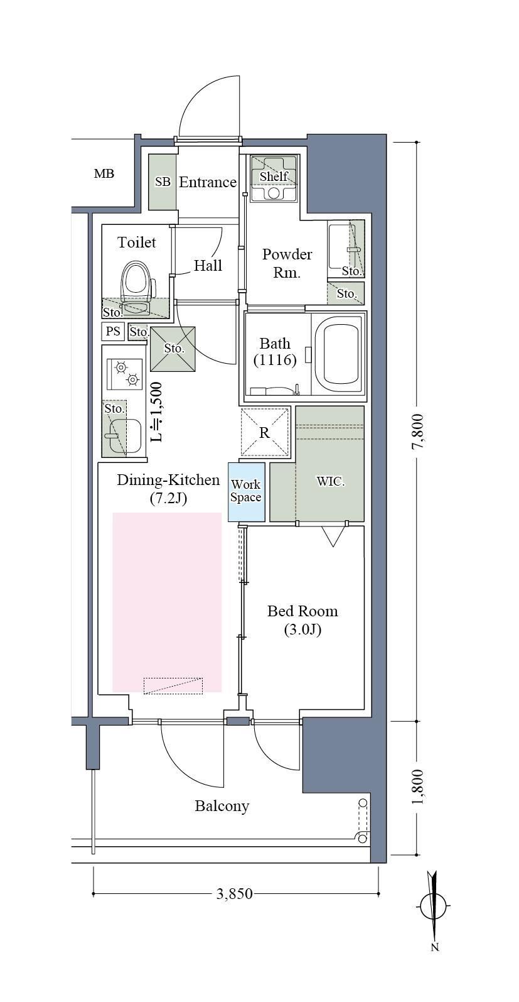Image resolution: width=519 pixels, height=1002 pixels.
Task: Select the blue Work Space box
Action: pyautogui.click(x=246, y=492)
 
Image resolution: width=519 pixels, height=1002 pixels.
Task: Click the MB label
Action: pyautogui.click(x=104, y=173)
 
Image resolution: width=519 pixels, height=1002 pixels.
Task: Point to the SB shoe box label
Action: pyautogui.click(x=163, y=182)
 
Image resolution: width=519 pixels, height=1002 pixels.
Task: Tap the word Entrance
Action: pyautogui.click(x=208, y=182)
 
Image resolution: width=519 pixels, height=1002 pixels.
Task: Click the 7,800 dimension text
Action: pyautogui.click(x=418, y=431)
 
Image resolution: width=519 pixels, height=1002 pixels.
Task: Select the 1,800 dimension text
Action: pyautogui.click(x=418, y=787)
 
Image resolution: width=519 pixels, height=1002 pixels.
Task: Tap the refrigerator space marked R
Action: pyautogui.click(x=265, y=433)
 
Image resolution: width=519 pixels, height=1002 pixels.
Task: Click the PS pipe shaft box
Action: pyautogui.click(x=113, y=331)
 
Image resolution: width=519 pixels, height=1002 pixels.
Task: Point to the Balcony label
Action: pyautogui.click(x=222, y=806)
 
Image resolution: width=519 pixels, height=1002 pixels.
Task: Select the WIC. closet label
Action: pyautogui.click(x=331, y=481)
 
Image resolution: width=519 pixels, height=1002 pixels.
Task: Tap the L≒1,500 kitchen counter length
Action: pyautogui.click(x=156, y=412)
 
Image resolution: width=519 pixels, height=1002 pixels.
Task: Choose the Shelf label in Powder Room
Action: pyautogui.click(x=274, y=177)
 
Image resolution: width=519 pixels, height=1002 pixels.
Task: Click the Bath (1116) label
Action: pyautogui.click(x=275, y=352)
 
